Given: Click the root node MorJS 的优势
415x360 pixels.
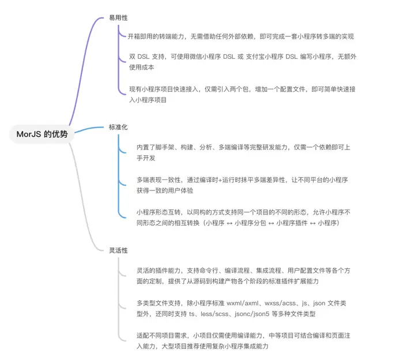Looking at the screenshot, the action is coord(42,134).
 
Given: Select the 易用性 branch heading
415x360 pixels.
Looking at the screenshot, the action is coord(118,18).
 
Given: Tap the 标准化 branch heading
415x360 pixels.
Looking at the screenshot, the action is coord(118,127).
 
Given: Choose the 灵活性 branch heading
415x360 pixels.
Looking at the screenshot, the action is coord(118,250).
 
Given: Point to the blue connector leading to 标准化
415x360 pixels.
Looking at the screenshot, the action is coord(89,129).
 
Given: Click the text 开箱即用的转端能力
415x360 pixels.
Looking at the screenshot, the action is coord(156,36).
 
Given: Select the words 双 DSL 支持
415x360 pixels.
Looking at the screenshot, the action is coord(146,57).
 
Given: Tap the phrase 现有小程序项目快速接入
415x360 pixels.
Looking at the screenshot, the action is coord(164,89).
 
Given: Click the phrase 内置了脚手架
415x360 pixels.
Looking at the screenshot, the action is coord(156,147).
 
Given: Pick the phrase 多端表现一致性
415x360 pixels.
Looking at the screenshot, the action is coord(159,180).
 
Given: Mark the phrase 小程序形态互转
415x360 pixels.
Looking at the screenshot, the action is coord(159,212).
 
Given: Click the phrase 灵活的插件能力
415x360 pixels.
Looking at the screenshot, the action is coord(159,271).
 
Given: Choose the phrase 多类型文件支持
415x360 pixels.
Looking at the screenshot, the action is coord(159,303).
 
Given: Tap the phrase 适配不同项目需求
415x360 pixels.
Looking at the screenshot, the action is coord(162,336).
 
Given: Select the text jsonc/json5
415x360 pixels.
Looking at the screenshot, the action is coord(252,314).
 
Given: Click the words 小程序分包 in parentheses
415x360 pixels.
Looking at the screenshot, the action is coord(250,223).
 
